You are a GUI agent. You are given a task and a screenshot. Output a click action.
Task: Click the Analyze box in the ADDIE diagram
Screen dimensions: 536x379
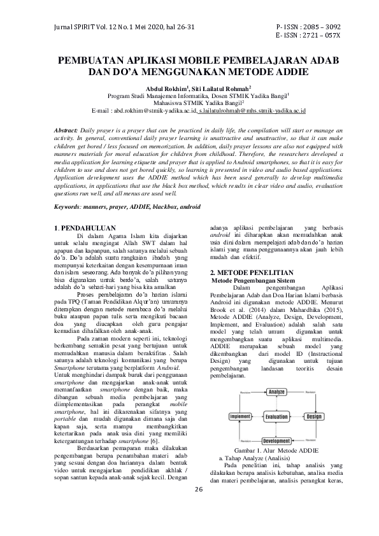coord(276,391)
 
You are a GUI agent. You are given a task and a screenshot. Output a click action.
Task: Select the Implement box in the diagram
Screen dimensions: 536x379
coord(241,416)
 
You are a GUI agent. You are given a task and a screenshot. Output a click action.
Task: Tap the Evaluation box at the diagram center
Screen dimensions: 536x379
coord(276,417)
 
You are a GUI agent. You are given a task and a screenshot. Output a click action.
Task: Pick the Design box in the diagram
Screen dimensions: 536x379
coord(313,416)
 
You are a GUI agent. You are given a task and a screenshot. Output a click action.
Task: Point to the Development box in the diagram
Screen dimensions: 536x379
coord(276,441)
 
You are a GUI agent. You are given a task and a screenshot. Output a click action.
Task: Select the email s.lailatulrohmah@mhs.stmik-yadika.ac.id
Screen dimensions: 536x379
coord(252,111)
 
